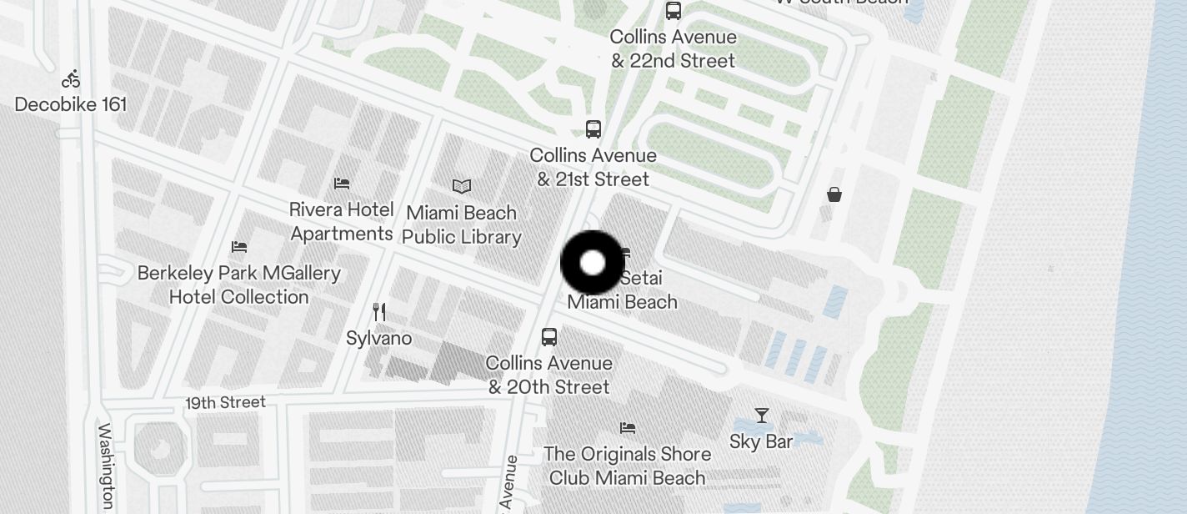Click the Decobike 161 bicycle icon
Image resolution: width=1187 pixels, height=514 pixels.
[71, 79]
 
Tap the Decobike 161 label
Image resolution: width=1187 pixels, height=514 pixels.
[71, 104]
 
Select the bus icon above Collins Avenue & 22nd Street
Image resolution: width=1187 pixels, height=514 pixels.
[673, 11]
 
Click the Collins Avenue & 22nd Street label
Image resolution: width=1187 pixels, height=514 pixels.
[673, 48]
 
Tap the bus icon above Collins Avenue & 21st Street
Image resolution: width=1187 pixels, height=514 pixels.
[593, 129]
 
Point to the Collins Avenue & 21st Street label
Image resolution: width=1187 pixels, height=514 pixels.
[593, 167]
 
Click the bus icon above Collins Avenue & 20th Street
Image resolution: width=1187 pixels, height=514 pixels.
[548, 337]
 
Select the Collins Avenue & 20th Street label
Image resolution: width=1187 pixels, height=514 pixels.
[548, 375]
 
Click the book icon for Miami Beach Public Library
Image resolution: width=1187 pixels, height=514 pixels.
[462, 186]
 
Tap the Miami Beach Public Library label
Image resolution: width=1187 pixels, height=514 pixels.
[462, 224]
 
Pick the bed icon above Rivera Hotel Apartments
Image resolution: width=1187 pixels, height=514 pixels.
[342, 183]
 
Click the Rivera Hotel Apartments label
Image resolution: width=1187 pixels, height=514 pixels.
[342, 221]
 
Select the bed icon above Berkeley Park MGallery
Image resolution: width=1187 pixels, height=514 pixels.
[239, 247]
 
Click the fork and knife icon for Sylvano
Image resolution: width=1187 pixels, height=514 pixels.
[379, 312]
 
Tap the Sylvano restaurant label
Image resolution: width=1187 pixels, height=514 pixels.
[379, 338]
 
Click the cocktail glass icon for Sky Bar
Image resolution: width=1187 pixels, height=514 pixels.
[761, 416]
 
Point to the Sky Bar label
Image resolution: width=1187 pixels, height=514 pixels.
[761, 441]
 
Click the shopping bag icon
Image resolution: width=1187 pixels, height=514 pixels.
[834, 194]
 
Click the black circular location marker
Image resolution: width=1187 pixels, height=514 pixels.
[592, 263]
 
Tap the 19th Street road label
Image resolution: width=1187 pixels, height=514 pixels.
[225, 403]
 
